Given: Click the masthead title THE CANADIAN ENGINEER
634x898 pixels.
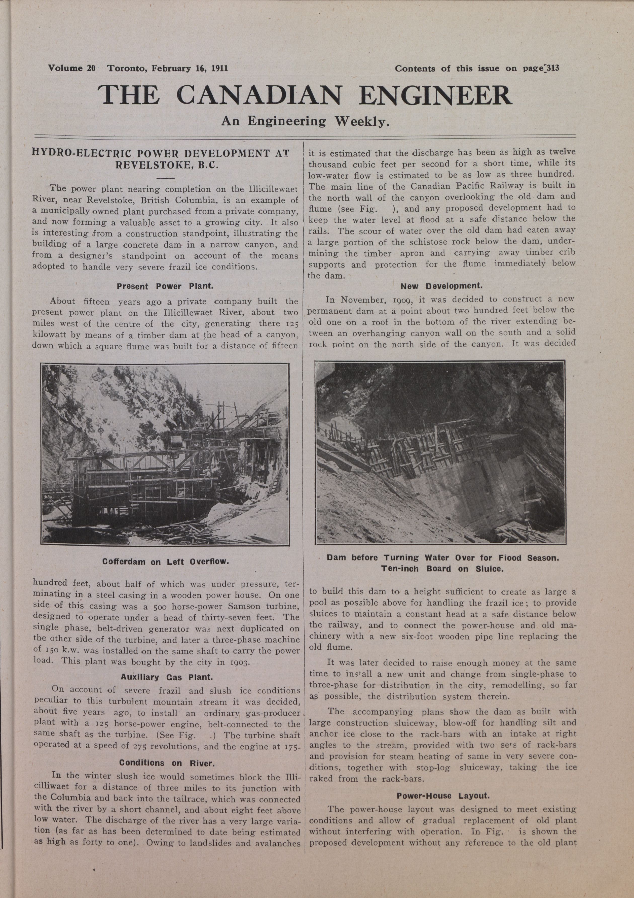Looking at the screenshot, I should pyautogui.click(x=304, y=95).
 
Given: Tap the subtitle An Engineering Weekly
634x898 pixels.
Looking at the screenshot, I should pyautogui.click(x=305, y=122).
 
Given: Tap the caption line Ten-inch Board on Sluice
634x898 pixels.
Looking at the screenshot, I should pyautogui.click(x=442, y=569).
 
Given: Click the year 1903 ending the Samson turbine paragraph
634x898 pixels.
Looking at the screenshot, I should pyautogui.click(x=238, y=662).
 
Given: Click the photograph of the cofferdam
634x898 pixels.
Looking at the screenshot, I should pyautogui.click(x=165, y=454).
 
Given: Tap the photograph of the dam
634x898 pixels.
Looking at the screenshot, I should pyautogui.click(x=440, y=452).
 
